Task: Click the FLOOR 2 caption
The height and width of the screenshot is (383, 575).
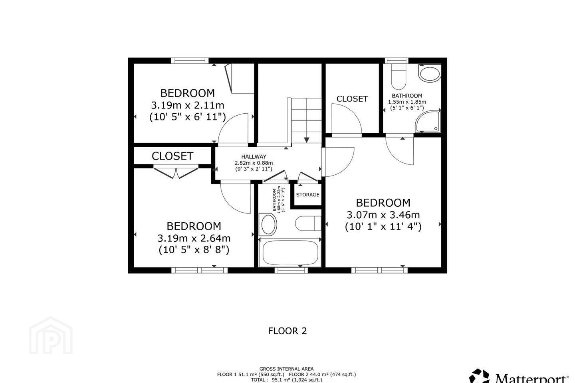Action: tap(287, 331)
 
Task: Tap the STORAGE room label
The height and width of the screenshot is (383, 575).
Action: tap(307, 195)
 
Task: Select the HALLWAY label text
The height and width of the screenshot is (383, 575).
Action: tap(254, 156)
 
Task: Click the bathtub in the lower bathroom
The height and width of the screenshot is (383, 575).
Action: tap(289, 253)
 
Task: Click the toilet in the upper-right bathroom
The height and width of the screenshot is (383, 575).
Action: tap(398, 77)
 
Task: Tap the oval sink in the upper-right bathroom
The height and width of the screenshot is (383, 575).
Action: tap(430, 73)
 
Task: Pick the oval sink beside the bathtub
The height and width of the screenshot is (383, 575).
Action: tap(268, 224)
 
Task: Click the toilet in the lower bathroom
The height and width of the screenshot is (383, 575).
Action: tap(308, 223)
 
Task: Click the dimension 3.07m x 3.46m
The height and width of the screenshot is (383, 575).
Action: tap(383, 215)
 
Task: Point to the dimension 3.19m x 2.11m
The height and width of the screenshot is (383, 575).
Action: tap(188, 105)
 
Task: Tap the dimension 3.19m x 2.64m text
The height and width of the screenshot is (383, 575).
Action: tap(194, 238)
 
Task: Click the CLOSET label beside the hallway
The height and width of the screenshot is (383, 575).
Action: tap(172, 156)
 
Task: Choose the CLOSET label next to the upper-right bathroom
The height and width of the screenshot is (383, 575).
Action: tap(352, 99)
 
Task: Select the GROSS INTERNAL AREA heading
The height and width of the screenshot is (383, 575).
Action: tap(286, 369)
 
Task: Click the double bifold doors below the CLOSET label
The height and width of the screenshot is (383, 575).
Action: tap(176, 173)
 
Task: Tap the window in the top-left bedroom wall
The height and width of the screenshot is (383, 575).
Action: tap(190, 61)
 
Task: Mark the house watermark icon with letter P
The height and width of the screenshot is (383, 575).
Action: tap(51, 336)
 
